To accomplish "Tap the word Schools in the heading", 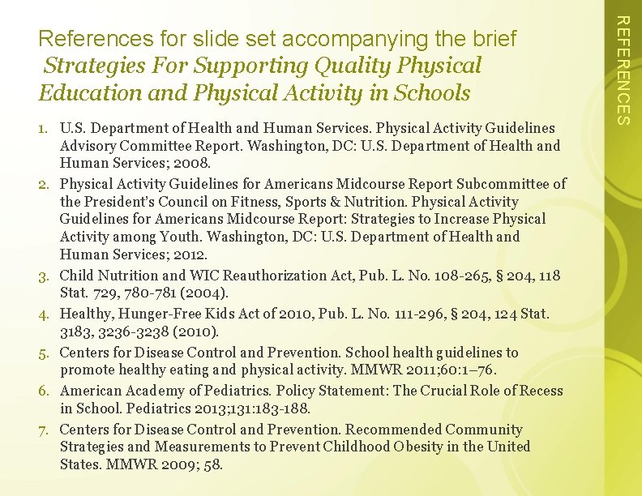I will [432, 93].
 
